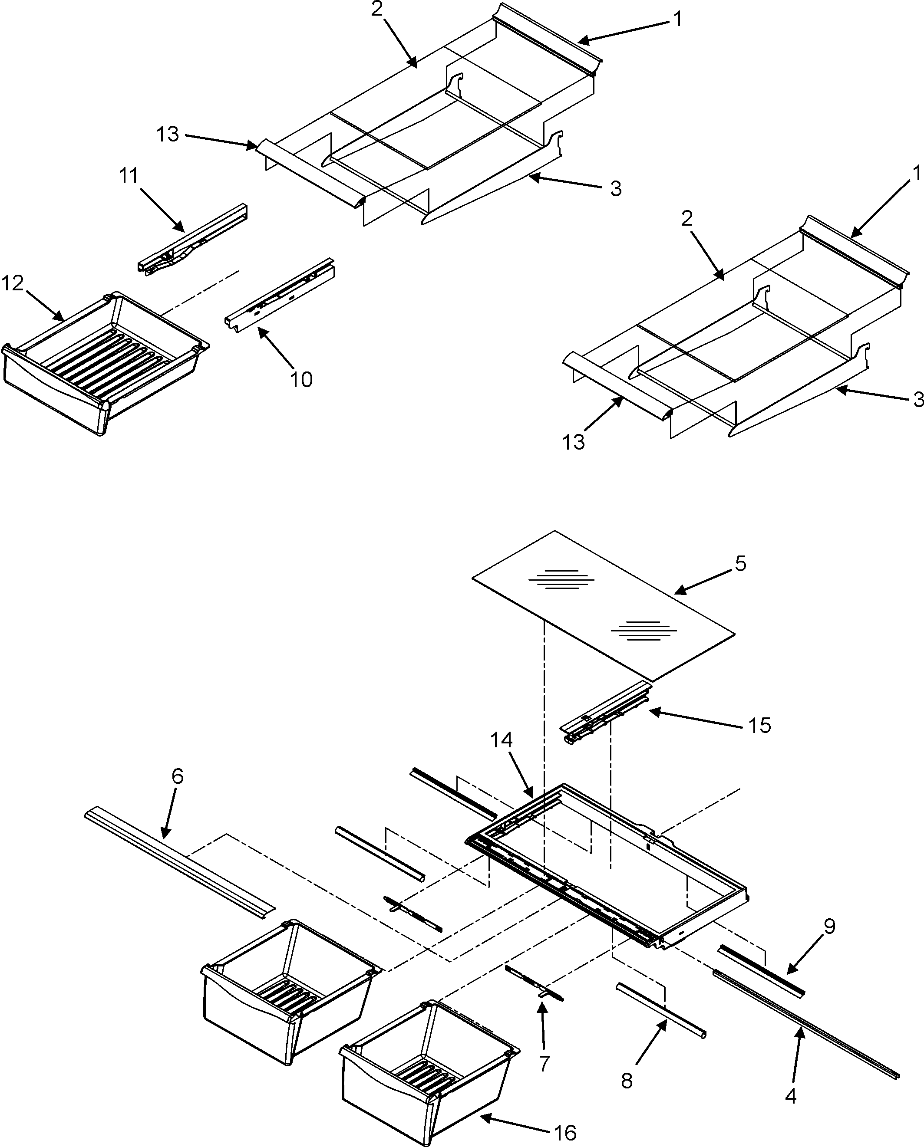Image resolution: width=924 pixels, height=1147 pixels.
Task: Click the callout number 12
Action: (13, 283)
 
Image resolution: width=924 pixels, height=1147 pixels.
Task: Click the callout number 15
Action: (759, 725)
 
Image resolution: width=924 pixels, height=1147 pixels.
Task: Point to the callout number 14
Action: (502, 740)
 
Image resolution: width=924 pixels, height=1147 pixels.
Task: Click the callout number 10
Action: (301, 379)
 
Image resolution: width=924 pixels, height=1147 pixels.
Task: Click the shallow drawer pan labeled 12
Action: (101, 362)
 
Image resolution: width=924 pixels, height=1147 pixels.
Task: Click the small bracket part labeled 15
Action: (607, 716)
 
